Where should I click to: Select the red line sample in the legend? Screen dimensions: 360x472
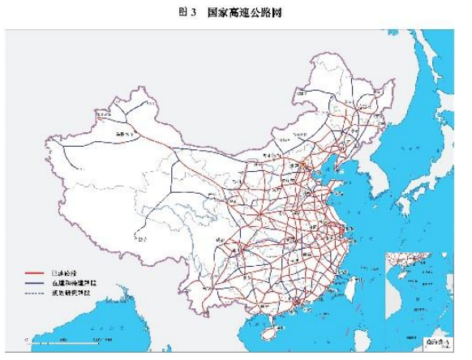click(35, 273)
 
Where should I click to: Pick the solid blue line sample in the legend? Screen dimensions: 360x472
click(35, 284)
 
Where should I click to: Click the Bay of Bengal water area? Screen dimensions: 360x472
click(138, 324)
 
